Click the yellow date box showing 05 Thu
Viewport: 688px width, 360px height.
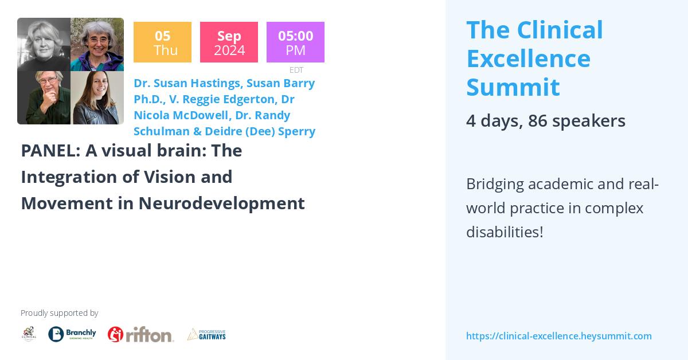click(x=162, y=42)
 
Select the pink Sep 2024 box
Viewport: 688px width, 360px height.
click(x=229, y=42)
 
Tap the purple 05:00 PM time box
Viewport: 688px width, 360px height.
click(x=295, y=42)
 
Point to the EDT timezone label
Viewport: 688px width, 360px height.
click(x=296, y=70)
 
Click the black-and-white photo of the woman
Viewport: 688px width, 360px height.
click(x=44, y=44)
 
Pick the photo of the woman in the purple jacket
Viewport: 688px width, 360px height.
click(x=97, y=44)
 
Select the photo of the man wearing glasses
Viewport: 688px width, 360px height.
click(x=44, y=97)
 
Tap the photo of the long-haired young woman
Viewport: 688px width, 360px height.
click(x=97, y=97)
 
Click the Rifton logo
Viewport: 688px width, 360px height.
click(x=140, y=334)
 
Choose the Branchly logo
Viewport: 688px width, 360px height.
click(x=72, y=334)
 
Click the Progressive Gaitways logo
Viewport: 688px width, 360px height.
click(x=206, y=334)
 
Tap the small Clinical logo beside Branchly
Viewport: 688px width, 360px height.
click(x=29, y=334)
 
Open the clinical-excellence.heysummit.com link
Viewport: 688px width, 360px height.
click(x=558, y=336)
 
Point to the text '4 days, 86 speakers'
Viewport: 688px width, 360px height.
click(x=545, y=120)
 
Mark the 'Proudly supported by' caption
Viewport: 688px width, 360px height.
click(x=59, y=313)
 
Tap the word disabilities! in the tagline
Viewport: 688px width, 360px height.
click(x=505, y=232)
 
